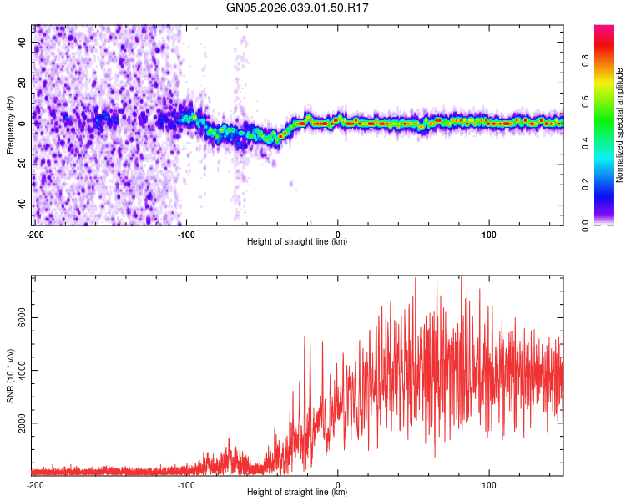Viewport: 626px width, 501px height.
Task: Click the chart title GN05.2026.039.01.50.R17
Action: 298,8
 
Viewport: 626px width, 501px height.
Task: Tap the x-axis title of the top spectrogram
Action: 297,242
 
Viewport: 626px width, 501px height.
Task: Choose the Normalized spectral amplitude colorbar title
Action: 620,125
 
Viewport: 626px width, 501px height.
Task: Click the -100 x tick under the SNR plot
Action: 185,485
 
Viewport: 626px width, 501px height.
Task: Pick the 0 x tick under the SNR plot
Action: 337,485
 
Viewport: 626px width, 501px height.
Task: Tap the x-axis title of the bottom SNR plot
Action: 297,493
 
